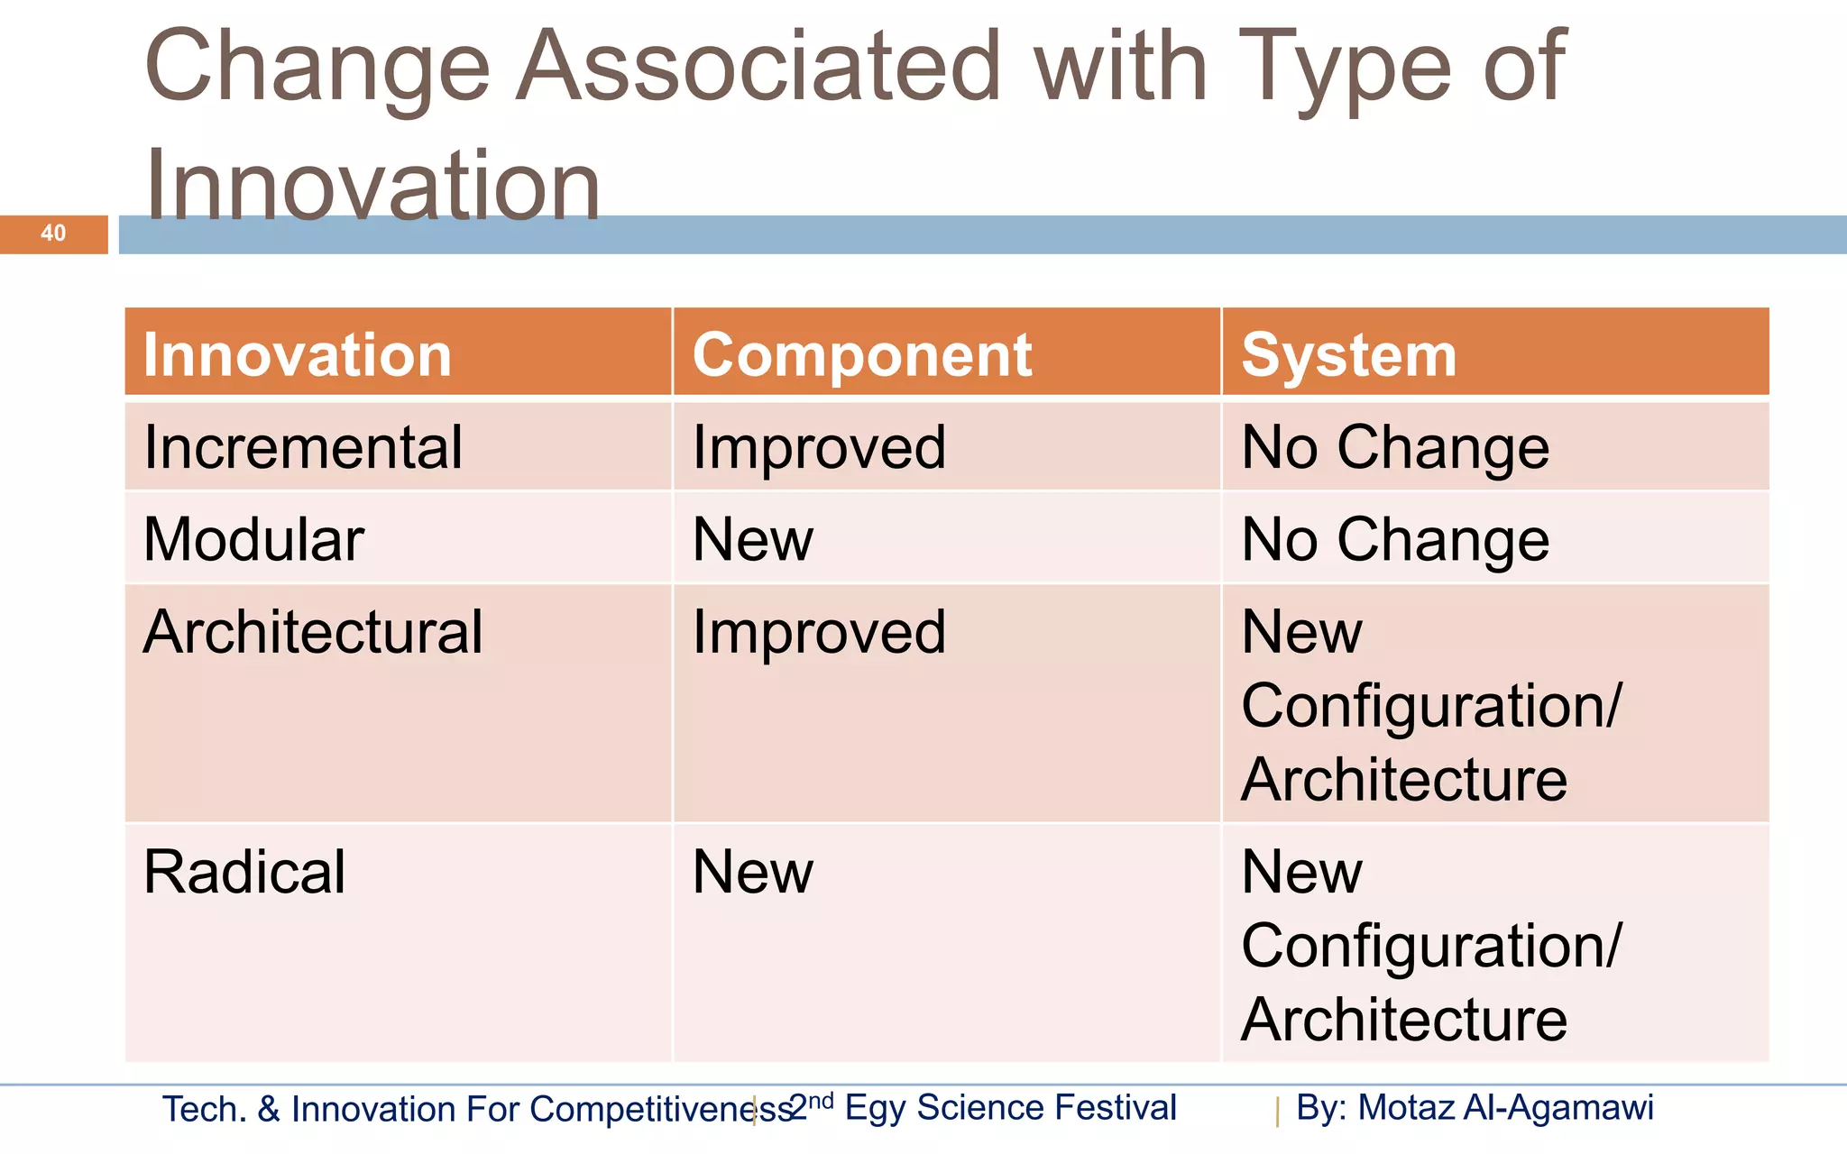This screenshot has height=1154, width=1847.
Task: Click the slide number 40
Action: (x=53, y=234)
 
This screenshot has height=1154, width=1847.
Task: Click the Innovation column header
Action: (x=298, y=355)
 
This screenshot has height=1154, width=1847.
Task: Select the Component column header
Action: (x=861, y=355)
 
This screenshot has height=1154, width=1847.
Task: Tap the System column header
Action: (x=1348, y=355)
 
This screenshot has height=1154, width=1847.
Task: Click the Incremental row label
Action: (x=303, y=447)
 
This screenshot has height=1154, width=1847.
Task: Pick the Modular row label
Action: (x=253, y=540)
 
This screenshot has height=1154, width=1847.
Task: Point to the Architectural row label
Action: (x=313, y=632)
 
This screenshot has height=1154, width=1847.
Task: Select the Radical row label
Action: (x=244, y=872)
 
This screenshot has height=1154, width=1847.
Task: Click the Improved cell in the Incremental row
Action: (x=819, y=447)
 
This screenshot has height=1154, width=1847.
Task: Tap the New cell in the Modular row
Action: (x=753, y=540)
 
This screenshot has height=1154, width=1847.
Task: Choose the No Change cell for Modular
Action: (x=1395, y=540)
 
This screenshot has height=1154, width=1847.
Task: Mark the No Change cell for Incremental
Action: (x=1395, y=447)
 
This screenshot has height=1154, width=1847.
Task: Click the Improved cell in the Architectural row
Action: (x=819, y=632)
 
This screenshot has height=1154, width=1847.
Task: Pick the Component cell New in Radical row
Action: (x=753, y=872)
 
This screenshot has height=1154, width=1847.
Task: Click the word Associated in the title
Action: (x=758, y=66)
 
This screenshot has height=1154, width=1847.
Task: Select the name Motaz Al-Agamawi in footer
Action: (x=1505, y=1107)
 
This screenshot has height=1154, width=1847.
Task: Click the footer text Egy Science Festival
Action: (x=1010, y=1107)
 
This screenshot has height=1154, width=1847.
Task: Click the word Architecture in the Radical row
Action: (x=1404, y=1020)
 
